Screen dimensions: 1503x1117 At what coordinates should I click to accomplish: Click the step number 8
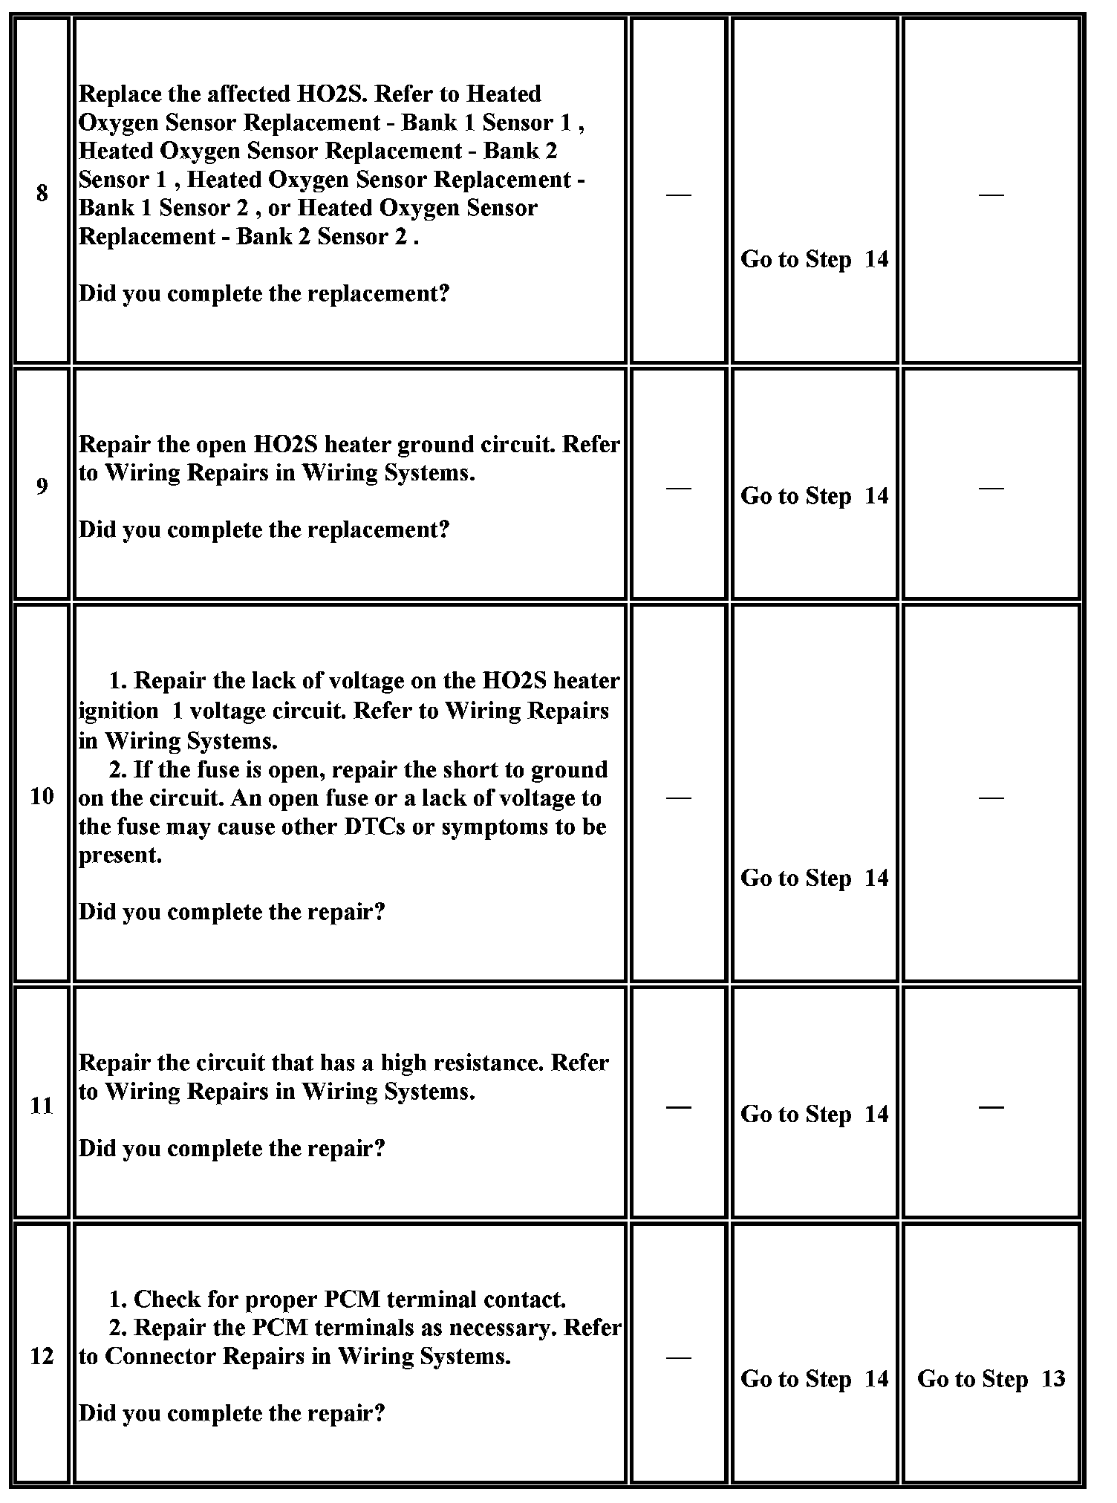(x=42, y=193)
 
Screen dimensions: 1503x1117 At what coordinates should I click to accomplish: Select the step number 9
(x=42, y=486)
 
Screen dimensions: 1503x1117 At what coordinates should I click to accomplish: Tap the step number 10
(x=42, y=796)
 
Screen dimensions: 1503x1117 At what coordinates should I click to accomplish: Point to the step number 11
(x=42, y=1106)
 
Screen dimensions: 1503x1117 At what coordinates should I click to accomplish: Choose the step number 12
(x=42, y=1357)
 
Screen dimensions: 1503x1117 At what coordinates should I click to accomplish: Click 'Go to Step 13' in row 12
(x=991, y=1379)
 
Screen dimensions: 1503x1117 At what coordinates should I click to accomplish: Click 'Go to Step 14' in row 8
(x=814, y=259)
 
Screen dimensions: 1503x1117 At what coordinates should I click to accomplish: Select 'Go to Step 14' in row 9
(x=814, y=496)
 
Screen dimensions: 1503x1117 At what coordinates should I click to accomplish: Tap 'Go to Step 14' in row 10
(x=814, y=878)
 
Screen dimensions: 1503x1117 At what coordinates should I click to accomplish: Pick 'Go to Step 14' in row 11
(x=814, y=1114)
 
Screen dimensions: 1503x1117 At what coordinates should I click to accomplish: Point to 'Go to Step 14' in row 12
(x=814, y=1379)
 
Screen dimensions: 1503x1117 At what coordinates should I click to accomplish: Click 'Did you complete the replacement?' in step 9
(x=264, y=529)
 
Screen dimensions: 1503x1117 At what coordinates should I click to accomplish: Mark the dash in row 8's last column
(x=991, y=194)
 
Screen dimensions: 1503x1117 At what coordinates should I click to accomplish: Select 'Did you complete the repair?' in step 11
(x=232, y=1149)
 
